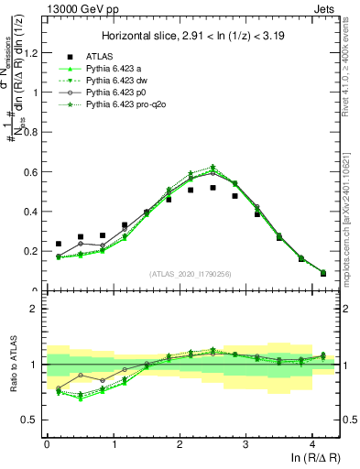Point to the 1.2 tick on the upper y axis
tap(32, 52)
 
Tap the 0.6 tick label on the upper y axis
tap(32, 171)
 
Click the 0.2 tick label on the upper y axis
tap(32, 251)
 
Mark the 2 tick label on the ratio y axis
tap(36, 309)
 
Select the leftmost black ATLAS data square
tap(59, 245)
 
